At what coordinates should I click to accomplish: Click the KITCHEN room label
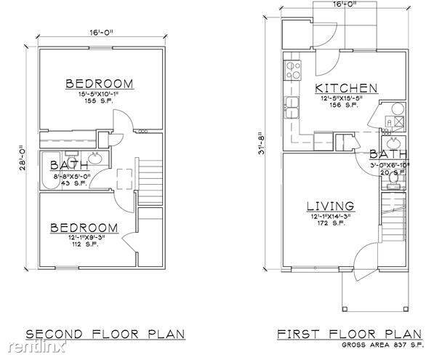(x=347, y=89)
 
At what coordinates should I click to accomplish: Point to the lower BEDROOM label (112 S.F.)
(x=84, y=228)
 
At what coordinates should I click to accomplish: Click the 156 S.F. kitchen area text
(x=335, y=105)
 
